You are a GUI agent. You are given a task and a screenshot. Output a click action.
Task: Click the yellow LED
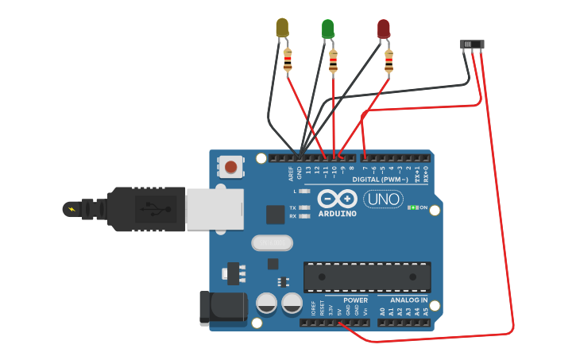click(x=282, y=27)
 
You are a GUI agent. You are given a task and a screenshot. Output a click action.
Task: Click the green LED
click(x=327, y=29)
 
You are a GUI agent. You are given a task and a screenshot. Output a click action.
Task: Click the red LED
click(x=384, y=29)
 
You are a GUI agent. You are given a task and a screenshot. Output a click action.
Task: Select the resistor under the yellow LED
click(x=288, y=60)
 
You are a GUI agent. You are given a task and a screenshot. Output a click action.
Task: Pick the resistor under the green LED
click(x=333, y=60)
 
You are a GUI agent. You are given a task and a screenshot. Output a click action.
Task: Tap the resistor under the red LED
click(x=389, y=60)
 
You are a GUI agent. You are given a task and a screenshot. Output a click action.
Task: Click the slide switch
click(x=473, y=45)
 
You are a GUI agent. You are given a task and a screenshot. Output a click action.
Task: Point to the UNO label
click(x=383, y=199)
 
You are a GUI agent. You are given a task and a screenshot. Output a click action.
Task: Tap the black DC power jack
click(x=222, y=308)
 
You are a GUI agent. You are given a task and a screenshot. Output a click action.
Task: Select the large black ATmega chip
click(x=367, y=277)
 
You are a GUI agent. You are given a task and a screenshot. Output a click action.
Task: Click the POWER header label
click(x=355, y=300)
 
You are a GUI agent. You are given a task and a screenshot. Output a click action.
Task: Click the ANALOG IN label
click(x=408, y=300)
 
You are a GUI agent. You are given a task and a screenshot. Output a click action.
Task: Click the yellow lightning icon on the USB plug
click(x=72, y=210)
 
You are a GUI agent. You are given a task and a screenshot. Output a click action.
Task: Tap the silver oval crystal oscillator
click(x=273, y=242)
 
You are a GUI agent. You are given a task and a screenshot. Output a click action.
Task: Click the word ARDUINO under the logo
click(x=338, y=214)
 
